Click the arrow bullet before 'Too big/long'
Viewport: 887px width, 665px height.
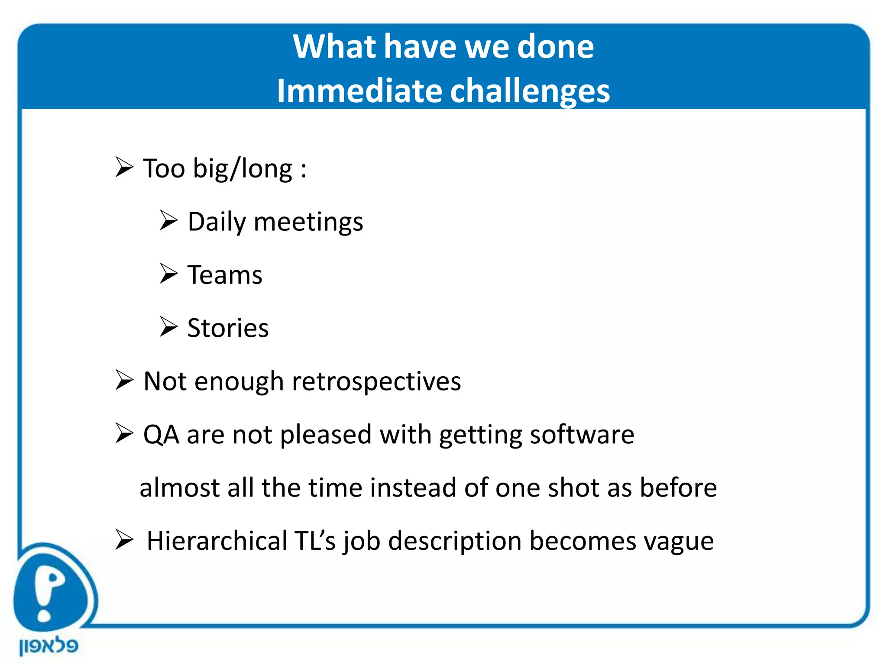pos(124,168)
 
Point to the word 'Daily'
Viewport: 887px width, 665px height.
pos(217,222)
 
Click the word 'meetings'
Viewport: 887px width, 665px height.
pos(308,222)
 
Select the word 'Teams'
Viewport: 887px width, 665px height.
pos(225,275)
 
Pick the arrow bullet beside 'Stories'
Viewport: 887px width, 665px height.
pos(168,327)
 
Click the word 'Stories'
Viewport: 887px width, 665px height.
pos(228,328)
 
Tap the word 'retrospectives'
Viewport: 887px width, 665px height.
pos(376,382)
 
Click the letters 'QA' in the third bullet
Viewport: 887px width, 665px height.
pos(161,435)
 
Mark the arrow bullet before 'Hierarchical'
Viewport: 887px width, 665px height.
pos(124,540)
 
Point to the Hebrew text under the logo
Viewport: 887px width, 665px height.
pos(49,646)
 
